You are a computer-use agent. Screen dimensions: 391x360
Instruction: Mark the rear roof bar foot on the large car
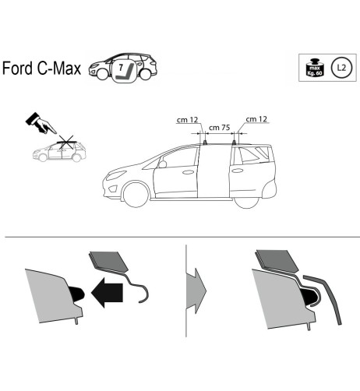234,143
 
